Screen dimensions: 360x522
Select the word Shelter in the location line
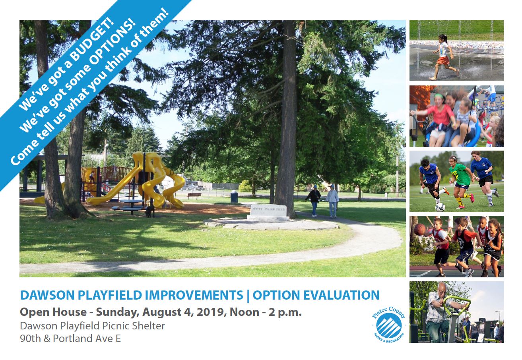149,326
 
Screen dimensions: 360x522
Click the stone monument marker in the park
268,212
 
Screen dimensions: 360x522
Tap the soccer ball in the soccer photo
440,207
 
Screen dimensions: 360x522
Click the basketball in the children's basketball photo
419,229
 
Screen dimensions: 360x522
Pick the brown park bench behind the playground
194,195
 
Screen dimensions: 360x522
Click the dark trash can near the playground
234,196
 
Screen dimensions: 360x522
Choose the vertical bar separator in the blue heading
248,295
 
